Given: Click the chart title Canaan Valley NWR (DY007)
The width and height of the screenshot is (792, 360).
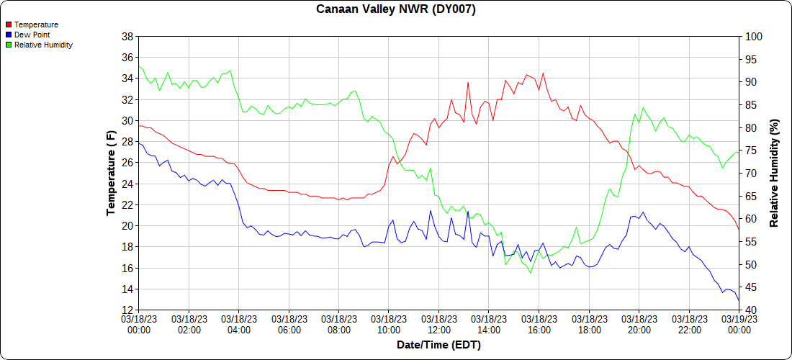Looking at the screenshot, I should coord(396,9).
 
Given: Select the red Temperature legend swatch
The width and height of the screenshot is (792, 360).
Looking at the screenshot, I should coord(9,24).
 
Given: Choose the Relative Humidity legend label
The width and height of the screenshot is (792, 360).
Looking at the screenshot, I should coord(43,45).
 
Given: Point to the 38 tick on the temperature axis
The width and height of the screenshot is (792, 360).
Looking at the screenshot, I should coord(127,36).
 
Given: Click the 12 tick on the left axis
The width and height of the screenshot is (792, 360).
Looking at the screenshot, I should coord(127,310).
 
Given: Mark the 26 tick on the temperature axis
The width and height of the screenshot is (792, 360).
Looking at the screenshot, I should coord(127,163).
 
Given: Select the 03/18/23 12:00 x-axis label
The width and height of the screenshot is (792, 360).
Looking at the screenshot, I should coord(438,324).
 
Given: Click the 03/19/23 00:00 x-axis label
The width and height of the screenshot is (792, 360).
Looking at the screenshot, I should coord(739,324).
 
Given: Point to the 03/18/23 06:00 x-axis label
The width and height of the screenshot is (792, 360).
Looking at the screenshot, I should coord(289,324).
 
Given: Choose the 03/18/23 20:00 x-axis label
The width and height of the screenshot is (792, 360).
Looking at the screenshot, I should coord(639,324).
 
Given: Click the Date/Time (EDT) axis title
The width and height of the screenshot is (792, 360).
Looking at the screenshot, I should coord(438,345).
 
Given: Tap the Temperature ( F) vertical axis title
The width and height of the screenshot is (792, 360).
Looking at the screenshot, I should coord(111,173).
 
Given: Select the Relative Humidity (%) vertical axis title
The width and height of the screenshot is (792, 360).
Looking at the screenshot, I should coord(775,173).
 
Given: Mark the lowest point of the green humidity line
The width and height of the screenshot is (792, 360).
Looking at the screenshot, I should coord(531,273).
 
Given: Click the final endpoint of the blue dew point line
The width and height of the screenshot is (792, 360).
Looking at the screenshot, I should coord(739,301).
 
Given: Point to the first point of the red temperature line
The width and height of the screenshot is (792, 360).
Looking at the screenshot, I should coord(139,125).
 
